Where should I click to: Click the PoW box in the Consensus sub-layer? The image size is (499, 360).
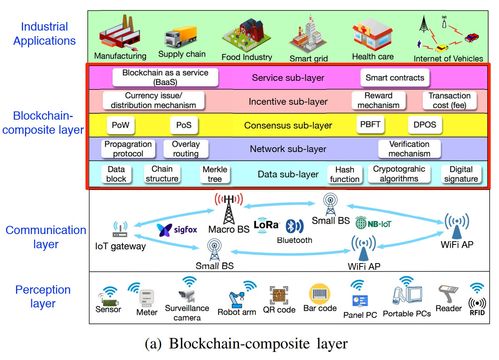(120, 125)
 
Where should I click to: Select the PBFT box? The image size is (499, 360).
(370, 125)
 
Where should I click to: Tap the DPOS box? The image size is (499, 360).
(425, 125)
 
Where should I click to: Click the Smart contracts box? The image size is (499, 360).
(395, 78)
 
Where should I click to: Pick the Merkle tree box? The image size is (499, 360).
(215, 174)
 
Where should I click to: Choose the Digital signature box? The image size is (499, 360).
(461, 174)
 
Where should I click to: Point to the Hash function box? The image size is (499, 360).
(345, 174)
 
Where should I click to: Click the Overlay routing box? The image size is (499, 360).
(186, 149)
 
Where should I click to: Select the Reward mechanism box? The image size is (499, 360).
(378, 100)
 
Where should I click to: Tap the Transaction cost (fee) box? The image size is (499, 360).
(449, 100)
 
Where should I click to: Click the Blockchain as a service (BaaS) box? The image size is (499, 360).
(165, 77)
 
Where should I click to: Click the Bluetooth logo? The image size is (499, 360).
(294, 226)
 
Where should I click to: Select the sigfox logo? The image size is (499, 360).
(177, 230)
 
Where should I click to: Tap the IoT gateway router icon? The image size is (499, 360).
(120, 229)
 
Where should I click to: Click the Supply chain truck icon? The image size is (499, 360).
(181, 37)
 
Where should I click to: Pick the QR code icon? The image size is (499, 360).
(279, 295)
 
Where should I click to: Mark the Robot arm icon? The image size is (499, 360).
(236, 299)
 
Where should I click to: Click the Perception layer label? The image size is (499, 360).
(43, 296)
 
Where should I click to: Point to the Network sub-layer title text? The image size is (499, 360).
(288, 149)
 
